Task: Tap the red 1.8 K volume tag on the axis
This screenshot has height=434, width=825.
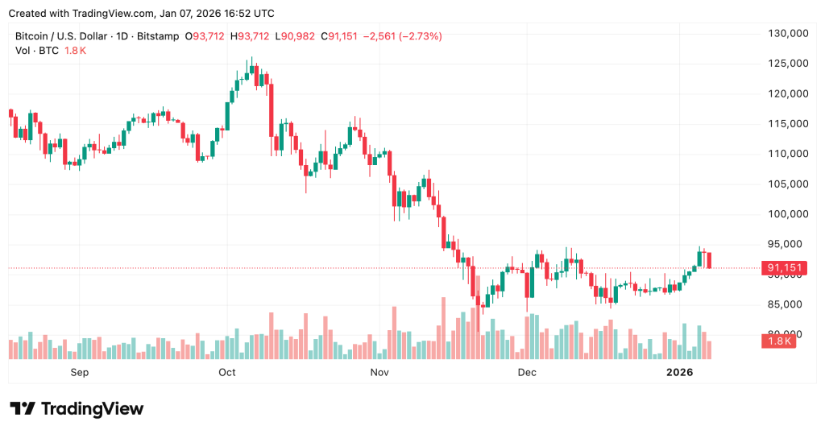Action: coord(779,341)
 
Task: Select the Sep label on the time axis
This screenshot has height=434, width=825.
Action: coord(79,372)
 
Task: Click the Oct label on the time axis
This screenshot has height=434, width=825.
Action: coord(227,372)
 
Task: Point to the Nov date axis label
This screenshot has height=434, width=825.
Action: coord(379,372)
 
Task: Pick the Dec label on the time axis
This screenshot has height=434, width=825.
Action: coord(527,372)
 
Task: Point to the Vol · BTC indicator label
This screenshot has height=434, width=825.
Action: coord(35,50)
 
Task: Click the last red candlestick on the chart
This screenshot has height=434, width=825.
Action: coord(709,260)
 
